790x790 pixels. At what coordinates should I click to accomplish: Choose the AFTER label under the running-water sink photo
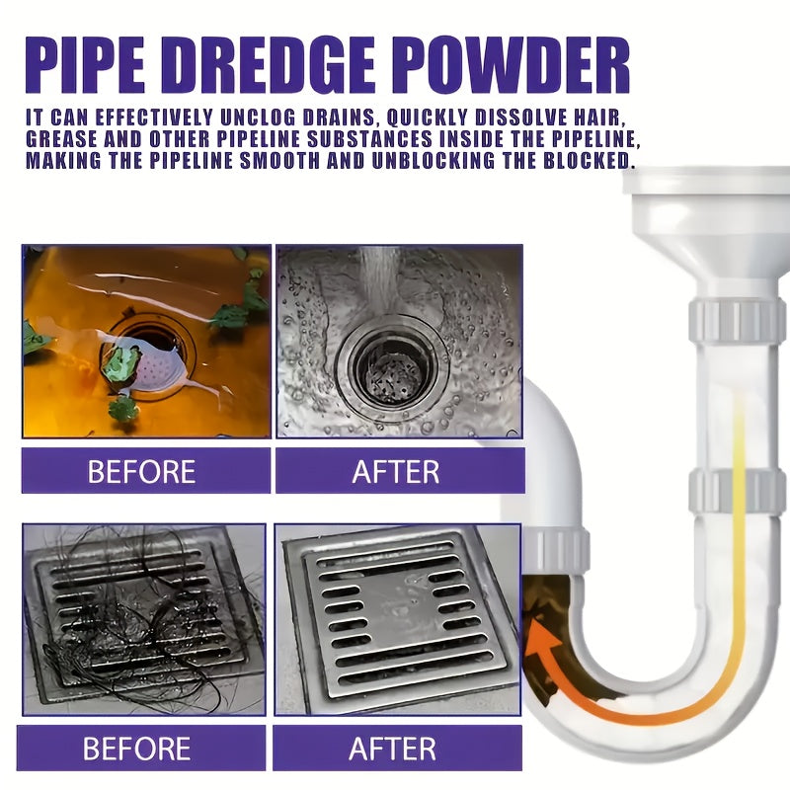point(396,471)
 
